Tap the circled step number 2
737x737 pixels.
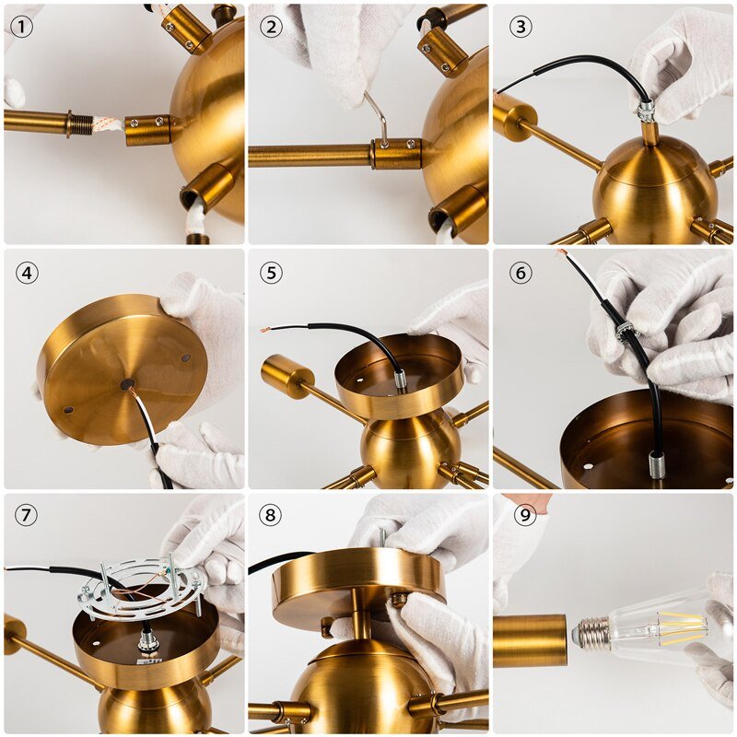click(x=270, y=27)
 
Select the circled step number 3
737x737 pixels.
click(x=521, y=27)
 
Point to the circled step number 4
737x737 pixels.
click(x=27, y=273)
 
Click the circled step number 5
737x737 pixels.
click(x=270, y=273)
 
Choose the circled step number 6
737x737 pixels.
click(x=521, y=273)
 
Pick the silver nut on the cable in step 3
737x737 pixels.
click(x=647, y=111)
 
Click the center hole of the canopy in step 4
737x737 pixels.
click(x=126, y=384)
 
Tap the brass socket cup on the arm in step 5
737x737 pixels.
click(x=280, y=375)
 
